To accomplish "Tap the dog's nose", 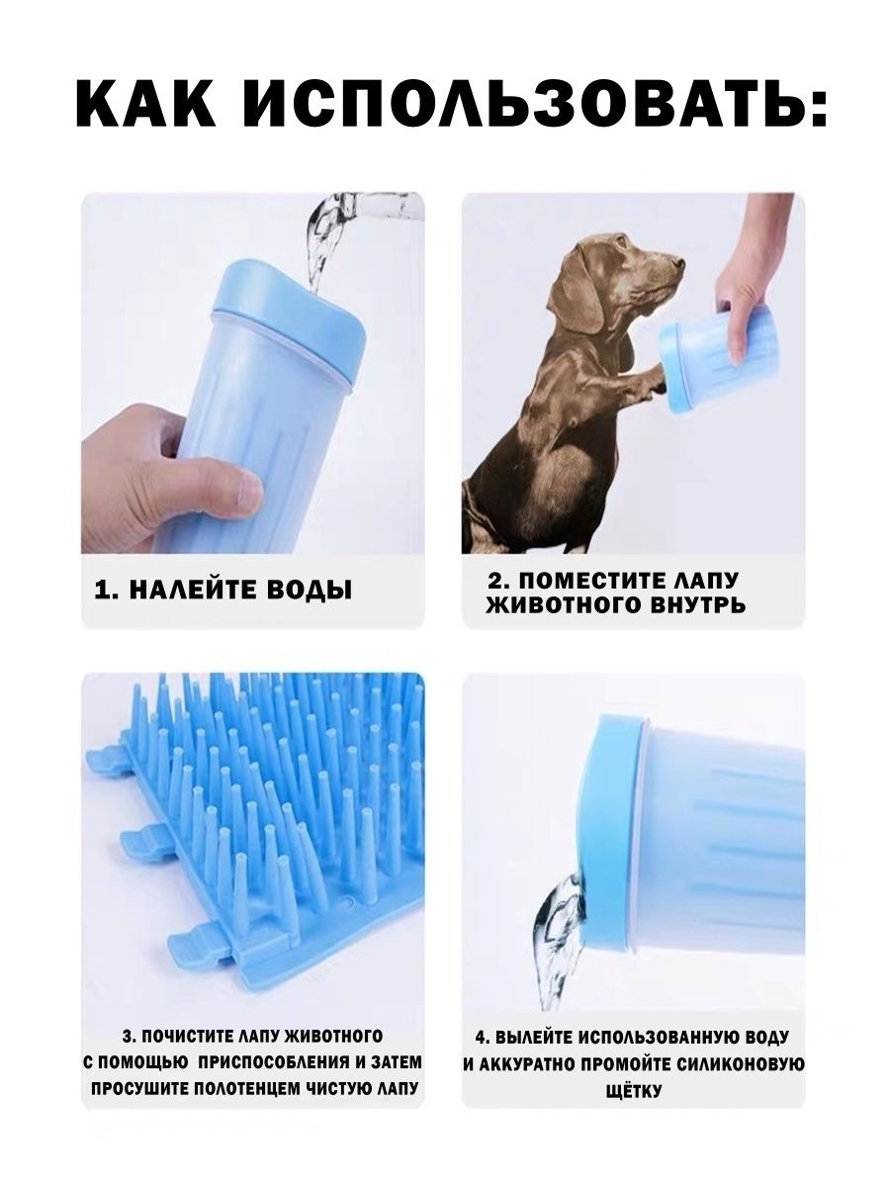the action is click(x=678, y=263).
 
